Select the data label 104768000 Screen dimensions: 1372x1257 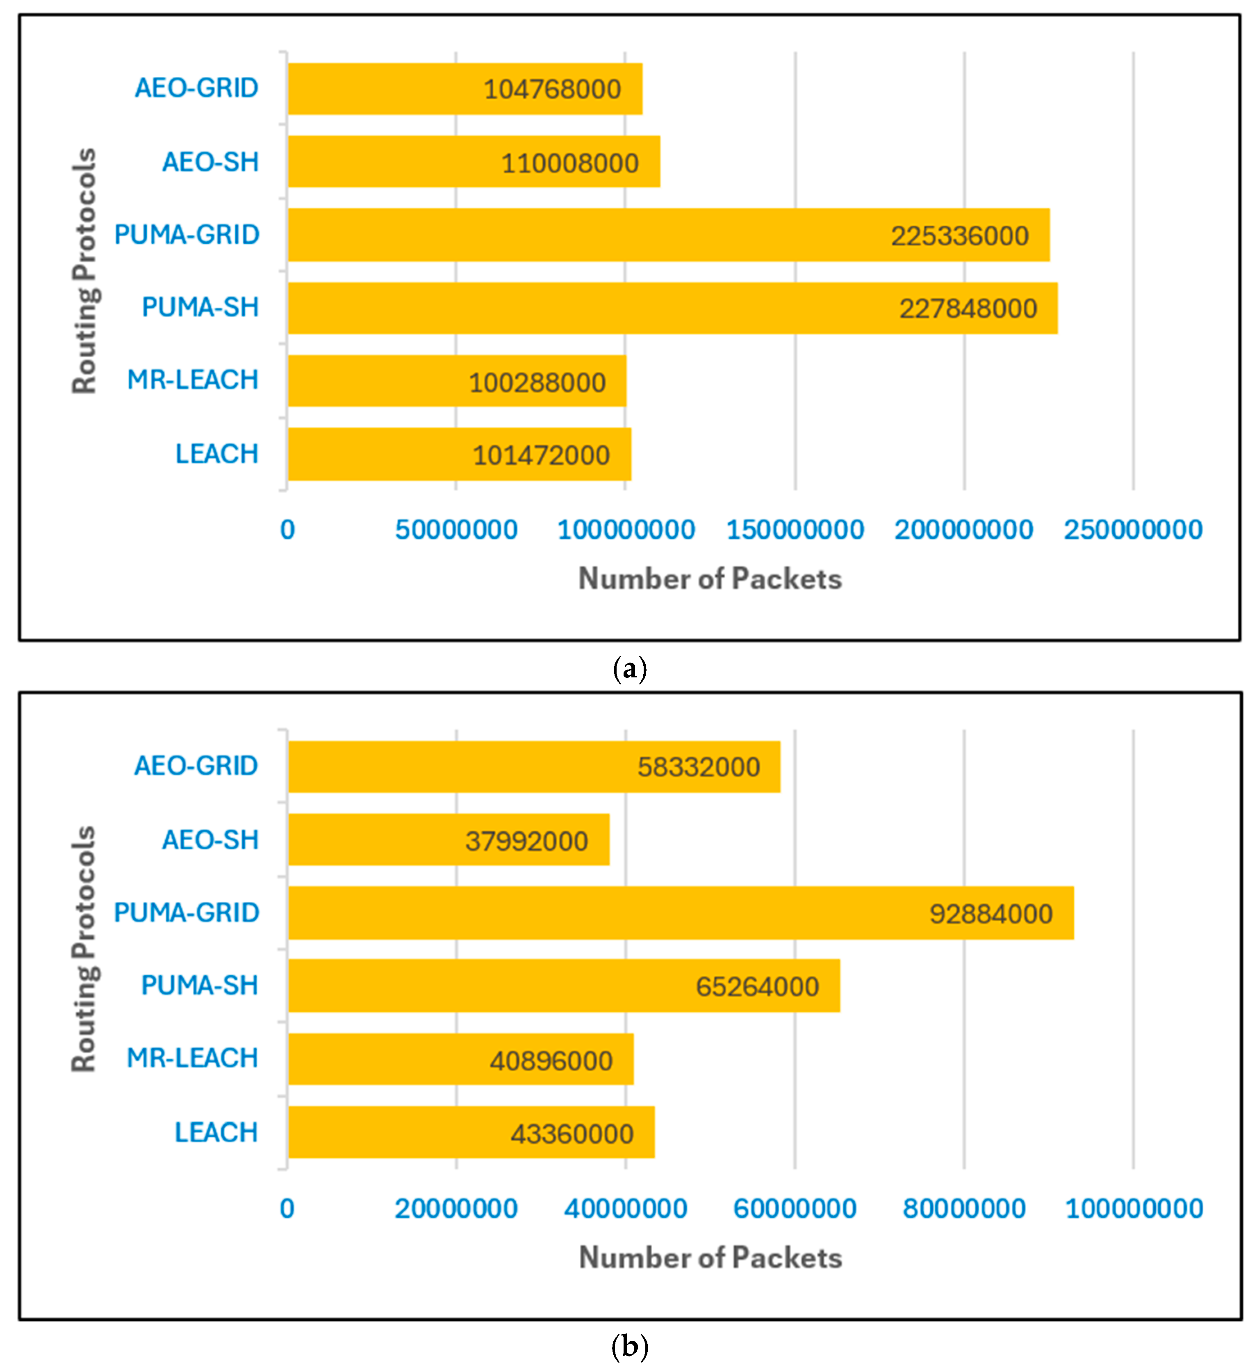click(552, 89)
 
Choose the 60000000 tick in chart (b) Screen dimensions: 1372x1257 click(795, 1209)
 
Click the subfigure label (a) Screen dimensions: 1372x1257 click(629, 669)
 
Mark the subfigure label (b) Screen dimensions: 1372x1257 click(629, 1347)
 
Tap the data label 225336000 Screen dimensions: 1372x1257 click(960, 236)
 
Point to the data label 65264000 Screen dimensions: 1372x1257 click(757, 987)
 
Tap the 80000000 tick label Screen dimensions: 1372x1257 click(964, 1209)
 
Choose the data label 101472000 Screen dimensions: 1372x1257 click(542, 455)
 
